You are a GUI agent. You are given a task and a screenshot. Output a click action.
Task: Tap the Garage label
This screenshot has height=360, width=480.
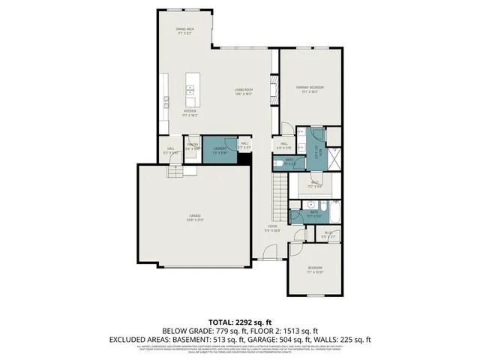click(195, 217)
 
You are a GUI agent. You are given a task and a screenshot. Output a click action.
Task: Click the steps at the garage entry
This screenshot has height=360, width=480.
click(175, 172)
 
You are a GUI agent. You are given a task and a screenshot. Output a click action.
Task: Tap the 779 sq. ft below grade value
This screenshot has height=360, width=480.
click(203, 330)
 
